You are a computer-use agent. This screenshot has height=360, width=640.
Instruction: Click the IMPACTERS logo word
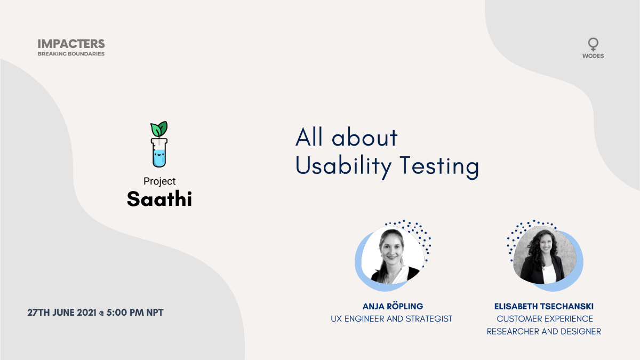click(x=71, y=44)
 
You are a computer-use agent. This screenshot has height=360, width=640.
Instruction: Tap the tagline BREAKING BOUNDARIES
click(x=71, y=54)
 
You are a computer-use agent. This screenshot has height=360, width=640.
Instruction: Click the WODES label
click(x=593, y=56)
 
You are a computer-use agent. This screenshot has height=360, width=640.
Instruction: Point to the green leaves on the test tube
click(x=159, y=129)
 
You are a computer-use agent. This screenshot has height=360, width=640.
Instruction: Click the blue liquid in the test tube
click(x=159, y=158)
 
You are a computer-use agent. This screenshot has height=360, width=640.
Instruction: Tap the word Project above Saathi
click(x=159, y=181)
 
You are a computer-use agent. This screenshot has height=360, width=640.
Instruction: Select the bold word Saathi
click(x=159, y=198)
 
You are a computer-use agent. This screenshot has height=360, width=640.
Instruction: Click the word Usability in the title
click(x=343, y=166)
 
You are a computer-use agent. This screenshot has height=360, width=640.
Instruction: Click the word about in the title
click(x=365, y=137)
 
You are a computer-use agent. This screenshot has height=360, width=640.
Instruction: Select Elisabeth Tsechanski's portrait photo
click(x=545, y=255)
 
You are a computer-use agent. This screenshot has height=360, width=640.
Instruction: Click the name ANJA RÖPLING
click(x=393, y=306)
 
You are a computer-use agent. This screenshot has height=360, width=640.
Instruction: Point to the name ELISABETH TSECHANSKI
click(x=544, y=306)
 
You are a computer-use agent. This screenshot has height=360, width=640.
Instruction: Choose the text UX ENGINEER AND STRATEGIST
click(x=391, y=318)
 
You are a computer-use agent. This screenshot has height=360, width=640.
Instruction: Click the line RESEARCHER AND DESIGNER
click(x=544, y=331)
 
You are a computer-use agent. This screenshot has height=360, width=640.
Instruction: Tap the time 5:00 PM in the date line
click(x=125, y=313)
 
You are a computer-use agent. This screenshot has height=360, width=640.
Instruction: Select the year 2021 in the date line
click(x=86, y=313)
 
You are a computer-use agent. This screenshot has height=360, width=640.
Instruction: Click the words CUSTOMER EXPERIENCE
click(x=545, y=318)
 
